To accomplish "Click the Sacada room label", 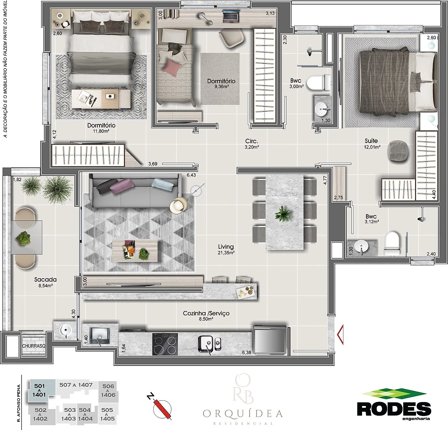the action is coord(45,279).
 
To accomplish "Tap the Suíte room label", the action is coord(371,141).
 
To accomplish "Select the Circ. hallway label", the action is coord(252,141).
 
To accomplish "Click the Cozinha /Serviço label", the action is coord(206,313).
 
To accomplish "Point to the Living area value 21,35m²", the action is coord(226,253).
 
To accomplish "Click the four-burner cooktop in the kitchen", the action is coord(165,344).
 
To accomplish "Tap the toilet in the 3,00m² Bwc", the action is coord(319,82).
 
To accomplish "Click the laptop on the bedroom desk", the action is coord(230,16).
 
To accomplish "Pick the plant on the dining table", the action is coord(283,214).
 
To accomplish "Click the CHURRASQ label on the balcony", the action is coord(34,346).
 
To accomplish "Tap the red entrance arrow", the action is coord(340,335).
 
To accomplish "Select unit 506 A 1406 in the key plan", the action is coord(108,391).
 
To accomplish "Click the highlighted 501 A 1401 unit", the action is coord(39,391).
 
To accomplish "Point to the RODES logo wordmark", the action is coord(394,409).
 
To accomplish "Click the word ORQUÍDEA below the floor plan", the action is coord(243,414).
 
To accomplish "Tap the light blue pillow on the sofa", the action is coord(162,184).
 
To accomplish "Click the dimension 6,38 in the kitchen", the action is coord(246,353).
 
